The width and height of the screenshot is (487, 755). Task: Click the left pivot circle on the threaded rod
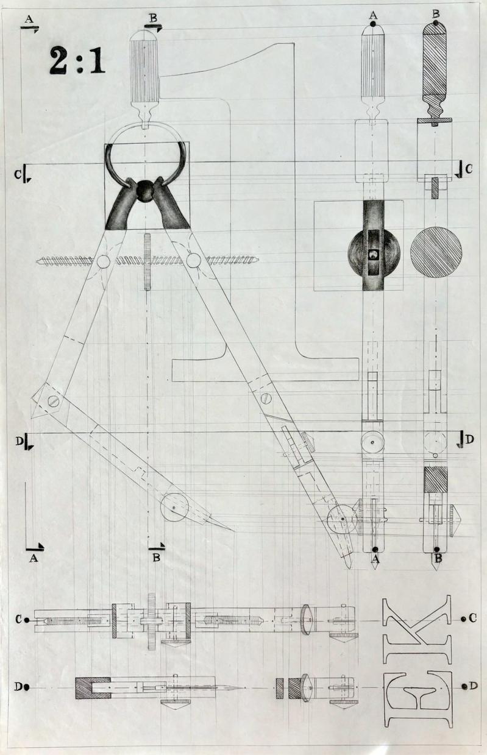pos(103,262)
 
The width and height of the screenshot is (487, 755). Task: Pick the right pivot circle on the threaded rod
pos(193,261)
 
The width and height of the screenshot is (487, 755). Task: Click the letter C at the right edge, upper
pos(468,169)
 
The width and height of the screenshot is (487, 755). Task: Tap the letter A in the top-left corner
pos(27,19)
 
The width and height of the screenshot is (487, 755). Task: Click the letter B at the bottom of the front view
pos(156,557)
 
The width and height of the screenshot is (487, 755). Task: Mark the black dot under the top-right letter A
pos(373,24)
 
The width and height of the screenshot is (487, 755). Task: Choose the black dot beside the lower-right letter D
pos(465,686)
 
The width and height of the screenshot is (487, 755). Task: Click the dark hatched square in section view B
pos(435,479)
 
